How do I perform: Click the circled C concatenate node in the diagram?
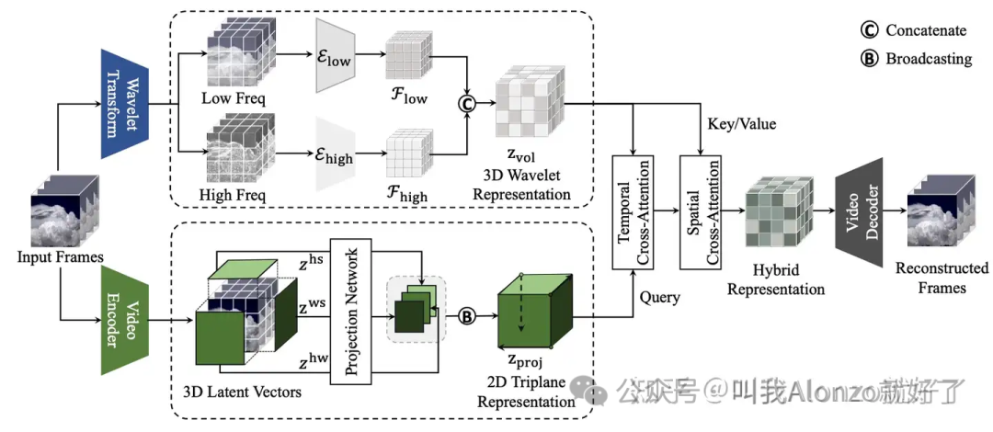coord(467,104)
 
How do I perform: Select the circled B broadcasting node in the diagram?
coord(466,316)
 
